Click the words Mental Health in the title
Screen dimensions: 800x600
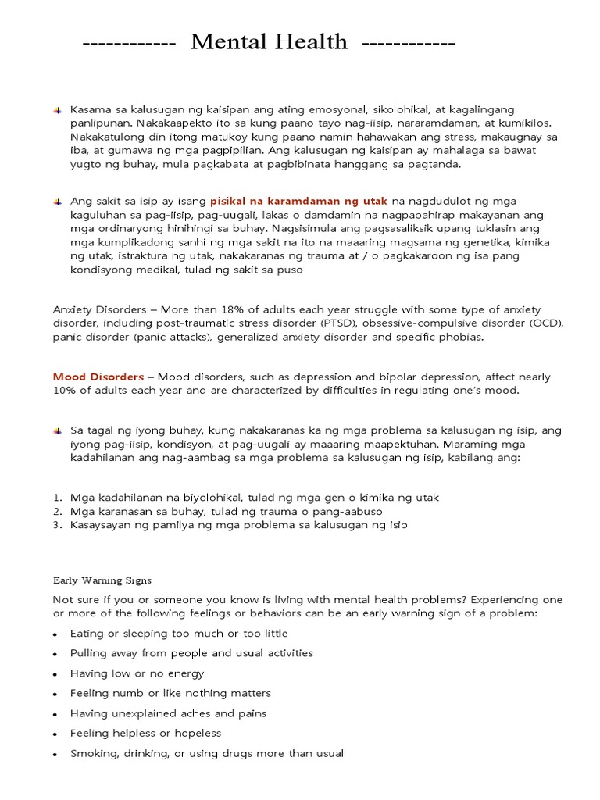pos(269,42)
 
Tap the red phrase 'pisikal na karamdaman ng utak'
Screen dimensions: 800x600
pos(298,201)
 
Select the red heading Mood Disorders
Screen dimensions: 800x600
pos(98,377)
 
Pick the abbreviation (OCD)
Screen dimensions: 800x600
pos(548,323)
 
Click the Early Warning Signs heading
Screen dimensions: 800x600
pos(102,580)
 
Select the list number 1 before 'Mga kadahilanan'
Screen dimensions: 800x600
pos(57,498)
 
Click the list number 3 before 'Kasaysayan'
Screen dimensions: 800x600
pos(57,525)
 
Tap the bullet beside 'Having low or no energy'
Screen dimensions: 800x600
pos(56,674)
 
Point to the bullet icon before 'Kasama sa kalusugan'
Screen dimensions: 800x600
pos(57,109)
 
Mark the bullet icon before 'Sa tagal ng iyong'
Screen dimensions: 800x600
pos(57,430)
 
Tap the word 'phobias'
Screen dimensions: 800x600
pos(462,337)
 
